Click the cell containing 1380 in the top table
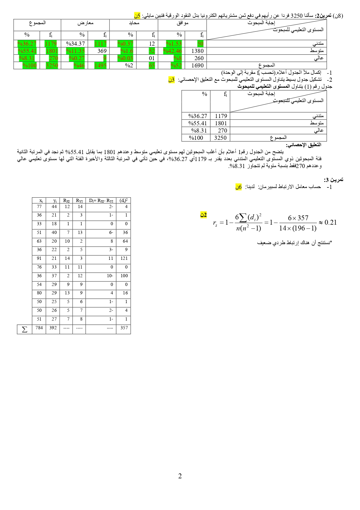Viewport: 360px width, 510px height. tap(197, 51)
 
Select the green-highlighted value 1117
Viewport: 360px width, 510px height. tap(100, 44)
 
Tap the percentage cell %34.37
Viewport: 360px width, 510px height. tap(75, 44)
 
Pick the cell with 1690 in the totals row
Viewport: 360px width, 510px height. tap(197, 65)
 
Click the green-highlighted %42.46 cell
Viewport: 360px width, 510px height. tap(172, 51)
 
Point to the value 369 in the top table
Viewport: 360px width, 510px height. tap(102, 51)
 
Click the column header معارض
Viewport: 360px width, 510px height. tap(85, 23)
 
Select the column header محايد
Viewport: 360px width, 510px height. tap(134, 23)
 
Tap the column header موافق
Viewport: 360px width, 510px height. tap(182, 23)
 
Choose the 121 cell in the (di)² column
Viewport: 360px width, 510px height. tap(124, 258)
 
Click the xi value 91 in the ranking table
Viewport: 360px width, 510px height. tap(39, 258)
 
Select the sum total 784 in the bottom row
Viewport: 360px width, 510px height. tap(39, 328)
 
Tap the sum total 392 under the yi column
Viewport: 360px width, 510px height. tap(53, 328)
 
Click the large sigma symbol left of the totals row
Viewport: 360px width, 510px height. tap(25, 329)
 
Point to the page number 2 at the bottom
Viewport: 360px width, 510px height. tap(180, 476)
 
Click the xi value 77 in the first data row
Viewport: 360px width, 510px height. tap(39, 207)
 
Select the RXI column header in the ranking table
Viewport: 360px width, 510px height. tap(66, 200)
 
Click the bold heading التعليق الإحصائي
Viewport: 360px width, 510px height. tap(304, 145)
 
